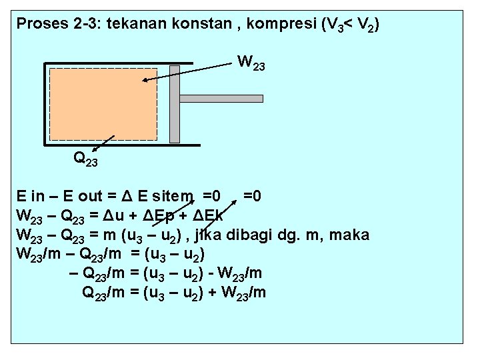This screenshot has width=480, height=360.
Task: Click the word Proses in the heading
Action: tap(38, 25)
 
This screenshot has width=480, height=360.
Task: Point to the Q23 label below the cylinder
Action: tap(86, 159)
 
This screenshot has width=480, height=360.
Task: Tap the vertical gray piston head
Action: tap(175, 103)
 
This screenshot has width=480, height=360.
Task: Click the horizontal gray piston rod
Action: tap(221, 98)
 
